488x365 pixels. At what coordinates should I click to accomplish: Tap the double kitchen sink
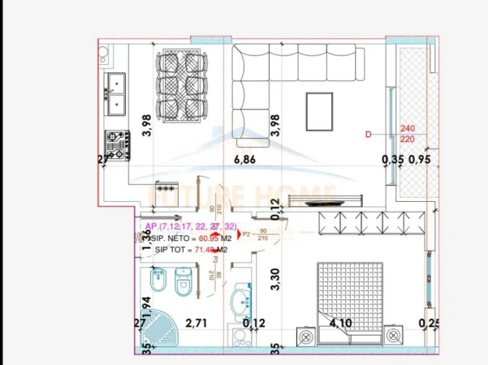point(115,93)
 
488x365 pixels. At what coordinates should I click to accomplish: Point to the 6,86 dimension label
point(244,160)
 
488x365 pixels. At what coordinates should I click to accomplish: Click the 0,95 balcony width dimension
point(419,160)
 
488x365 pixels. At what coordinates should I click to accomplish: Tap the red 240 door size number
point(408,128)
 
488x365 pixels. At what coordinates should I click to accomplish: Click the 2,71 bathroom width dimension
point(196,323)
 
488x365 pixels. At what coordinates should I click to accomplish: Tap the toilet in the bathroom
point(184,285)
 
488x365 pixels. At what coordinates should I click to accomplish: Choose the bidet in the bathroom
point(157,285)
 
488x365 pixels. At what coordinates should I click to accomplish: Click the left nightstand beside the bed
point(308,336)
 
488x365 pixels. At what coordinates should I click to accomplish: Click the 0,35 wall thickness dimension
point(392,160)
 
